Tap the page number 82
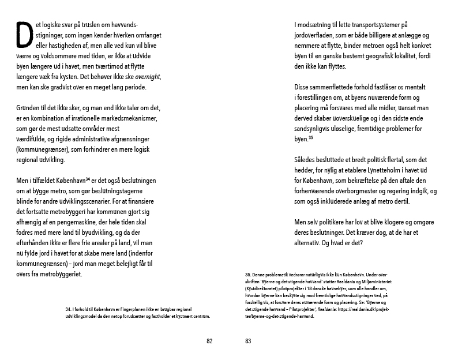(x=209, y=341)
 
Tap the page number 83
(x=248, y=341)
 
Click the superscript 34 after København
(x=88, y=179)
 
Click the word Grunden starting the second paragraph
(x=29, y=108)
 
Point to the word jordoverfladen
(x=317, y=36)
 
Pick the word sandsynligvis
(x=317, y=129)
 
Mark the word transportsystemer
(x=369, y=25)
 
